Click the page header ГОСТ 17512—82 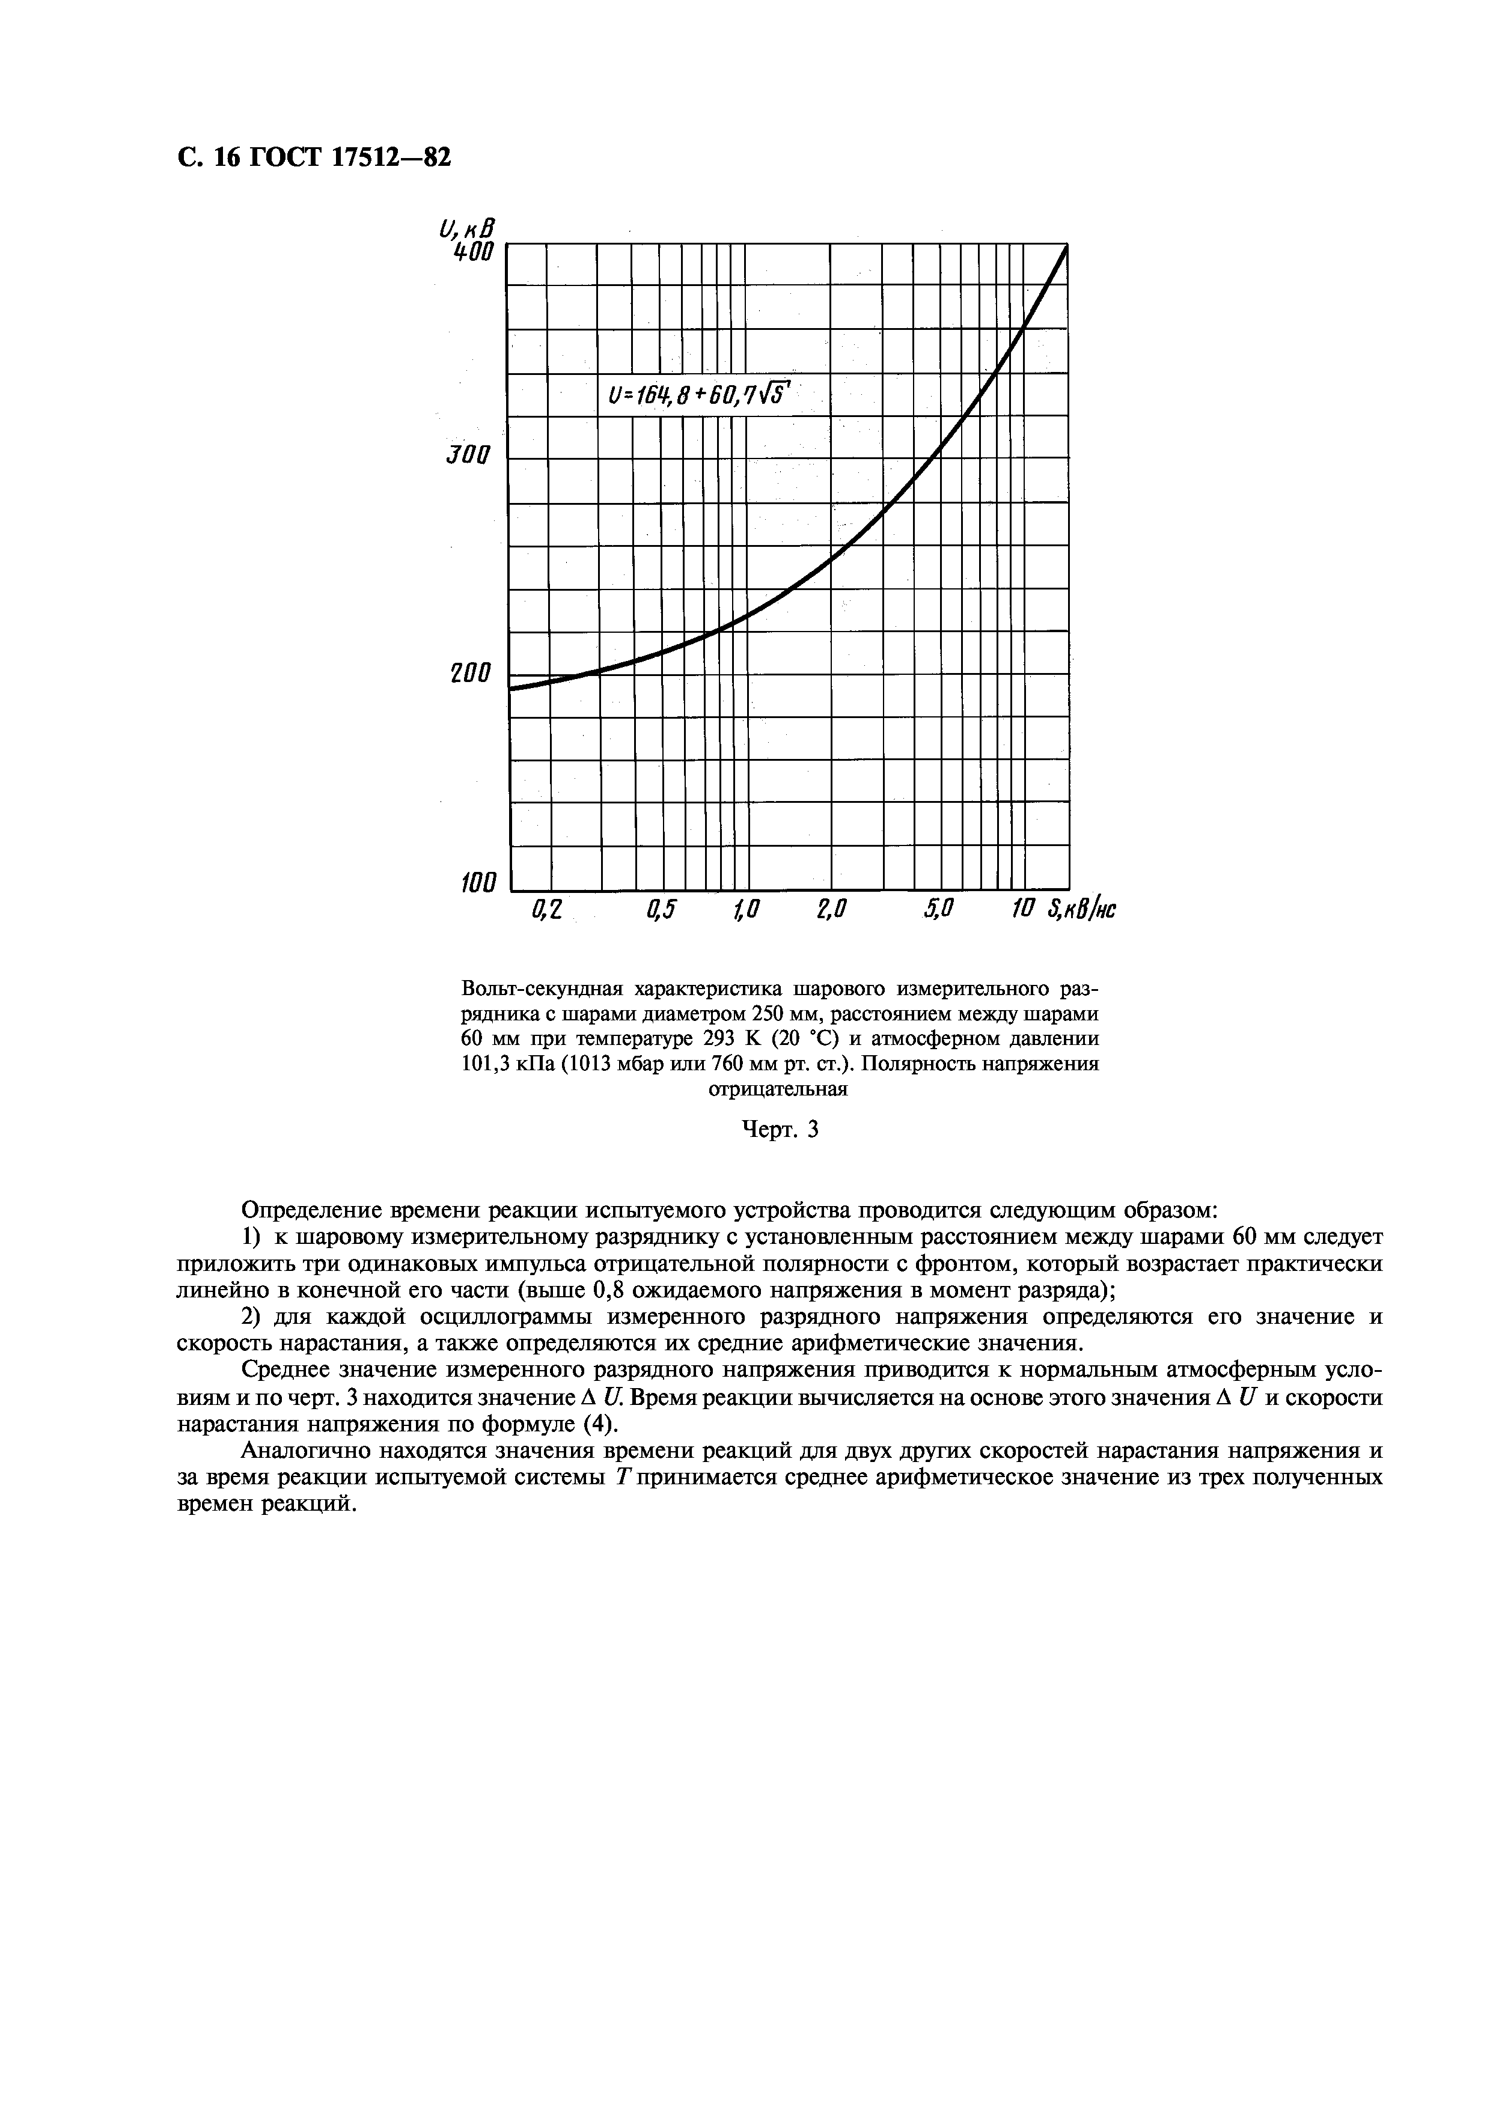tap(313, 159)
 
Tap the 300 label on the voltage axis tap(470, 456)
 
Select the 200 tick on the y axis tap(471, 673)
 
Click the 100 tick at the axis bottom tap(477, 884)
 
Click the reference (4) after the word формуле tap(597, 1424)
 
